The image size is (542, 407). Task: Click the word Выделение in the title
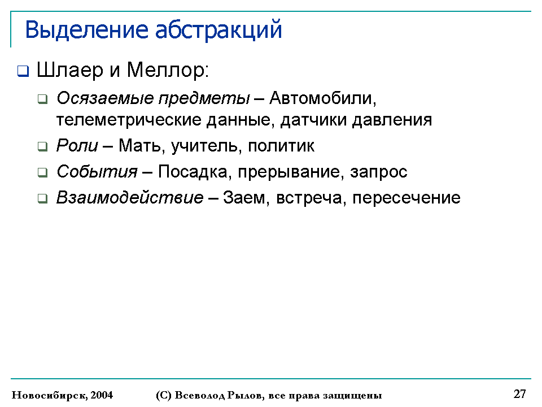click(x=87, y=30)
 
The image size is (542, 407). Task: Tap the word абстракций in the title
click(x=218, y=31)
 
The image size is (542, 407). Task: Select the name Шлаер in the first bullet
click(x=70, y=70)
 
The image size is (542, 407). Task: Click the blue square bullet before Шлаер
click(x=23, y=71)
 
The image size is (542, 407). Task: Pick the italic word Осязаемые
click(x=105, y=98)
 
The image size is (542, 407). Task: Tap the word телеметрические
click(x=129, y=120)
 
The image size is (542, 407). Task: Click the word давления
click(x=392, y=120)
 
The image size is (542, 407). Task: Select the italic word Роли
click(x=77, y=145)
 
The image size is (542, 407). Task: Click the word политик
click(x=281, y=146)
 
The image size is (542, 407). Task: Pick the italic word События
click(x=97, y=172)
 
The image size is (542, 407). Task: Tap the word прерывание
click(x=289, y=172)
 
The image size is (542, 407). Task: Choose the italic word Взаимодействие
click(x=130, y=198)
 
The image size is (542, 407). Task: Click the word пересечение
click(x=406, y=198)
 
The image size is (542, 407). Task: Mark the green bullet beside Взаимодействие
click(x=42, y=198)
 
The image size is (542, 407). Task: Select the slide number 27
click(x=519, y=394)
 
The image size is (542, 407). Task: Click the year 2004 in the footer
click(x=102, y=395)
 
